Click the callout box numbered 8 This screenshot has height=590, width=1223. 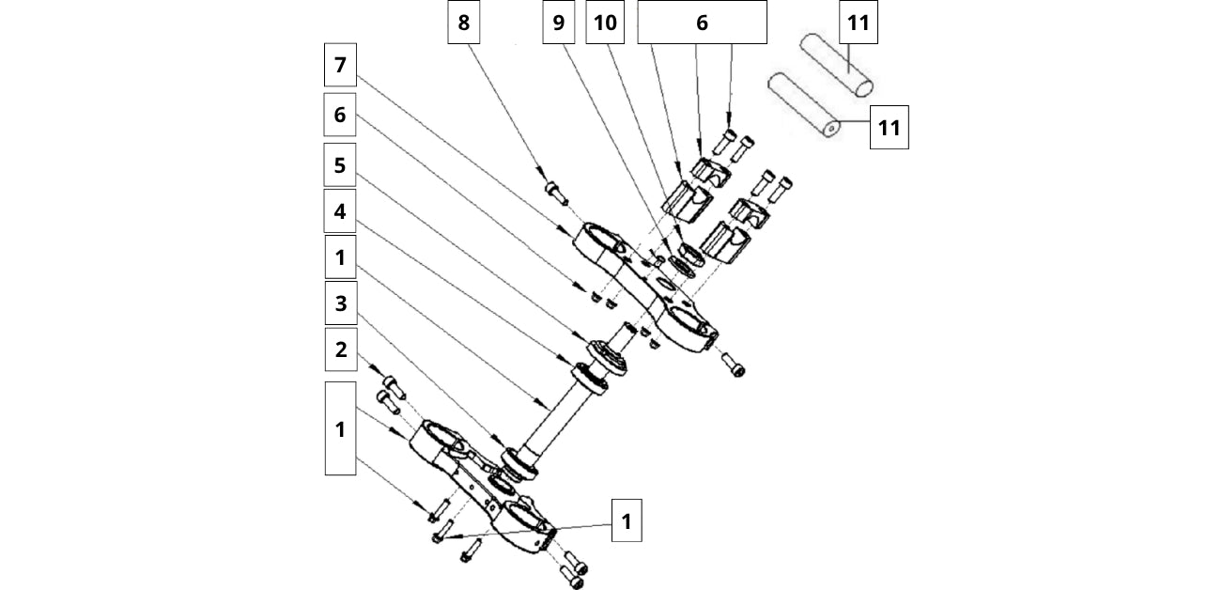click(x=463, y=22)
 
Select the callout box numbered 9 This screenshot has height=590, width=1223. click(x=558, y=22)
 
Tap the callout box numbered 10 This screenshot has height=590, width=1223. click(x=605, y=22)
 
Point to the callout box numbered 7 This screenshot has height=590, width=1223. click(x=340, y=65)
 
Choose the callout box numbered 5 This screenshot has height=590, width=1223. click(x=340, y=164)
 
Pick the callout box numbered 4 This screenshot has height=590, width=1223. click(x=340, y=210)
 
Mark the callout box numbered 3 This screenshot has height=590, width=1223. click(x=341, y=303)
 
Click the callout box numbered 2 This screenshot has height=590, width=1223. click(x=341, y=349)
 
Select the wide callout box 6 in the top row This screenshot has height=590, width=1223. click(x=702, y=22)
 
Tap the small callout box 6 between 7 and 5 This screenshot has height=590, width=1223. click(x=340, y=115)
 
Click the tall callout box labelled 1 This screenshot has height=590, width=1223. click(x=340, y=428)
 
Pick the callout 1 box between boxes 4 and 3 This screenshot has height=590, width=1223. click(x=340, y=256)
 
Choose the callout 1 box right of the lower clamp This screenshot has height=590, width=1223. click(x=627, y=520)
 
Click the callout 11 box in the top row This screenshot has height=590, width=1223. click(x=859, y=22)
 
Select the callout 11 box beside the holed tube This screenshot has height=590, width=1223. click(x=890, y=127)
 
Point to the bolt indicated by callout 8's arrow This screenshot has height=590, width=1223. click(x=556, y=193)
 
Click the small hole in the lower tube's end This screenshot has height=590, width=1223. click(x=831, y=129)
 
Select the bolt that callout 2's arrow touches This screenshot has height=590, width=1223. click(x=394, y=386)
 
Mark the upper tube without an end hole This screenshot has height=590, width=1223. click(x=836, y=65)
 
